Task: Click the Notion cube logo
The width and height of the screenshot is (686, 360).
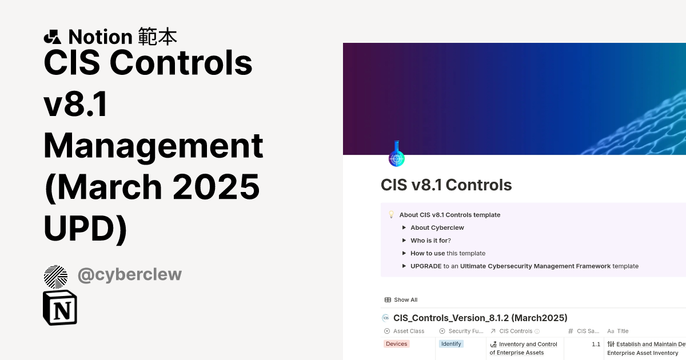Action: [x=60, y=307]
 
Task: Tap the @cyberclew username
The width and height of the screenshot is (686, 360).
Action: [x=130, y=274]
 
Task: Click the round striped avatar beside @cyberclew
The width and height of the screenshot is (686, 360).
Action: [x=55, y=277]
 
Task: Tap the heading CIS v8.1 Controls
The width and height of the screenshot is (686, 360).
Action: [x=446, y=185]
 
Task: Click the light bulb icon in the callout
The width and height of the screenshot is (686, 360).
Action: [x=391, y=215]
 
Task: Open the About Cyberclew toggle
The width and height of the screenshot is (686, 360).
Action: [x=437, y=227]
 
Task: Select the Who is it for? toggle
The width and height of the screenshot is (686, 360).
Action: [x=430, y=241]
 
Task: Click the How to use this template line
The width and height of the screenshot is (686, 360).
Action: [x=448, y=253]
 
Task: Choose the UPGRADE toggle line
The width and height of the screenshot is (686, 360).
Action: [x=524, y=266]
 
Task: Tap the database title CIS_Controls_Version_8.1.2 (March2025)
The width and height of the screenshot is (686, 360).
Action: [x=480, y=318]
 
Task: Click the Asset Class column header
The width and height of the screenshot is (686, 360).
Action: [x=408, y=331]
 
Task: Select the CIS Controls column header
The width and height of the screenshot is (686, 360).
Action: [x=515, y=331]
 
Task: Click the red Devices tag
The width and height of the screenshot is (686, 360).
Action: [x=396, y=344]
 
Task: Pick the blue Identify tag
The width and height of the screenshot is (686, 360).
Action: [x=451, y=344]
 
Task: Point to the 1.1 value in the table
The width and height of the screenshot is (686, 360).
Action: [x=596, y=345]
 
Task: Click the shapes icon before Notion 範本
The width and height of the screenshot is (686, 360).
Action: [x=52, y=37]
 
